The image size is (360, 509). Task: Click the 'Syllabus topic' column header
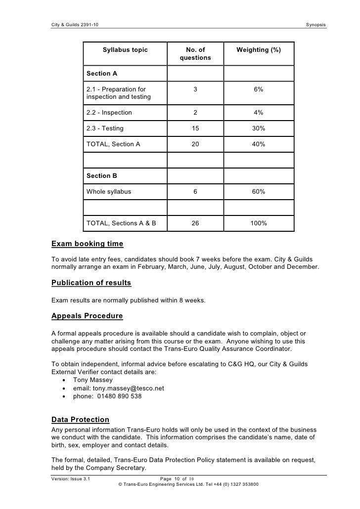coord(125,50)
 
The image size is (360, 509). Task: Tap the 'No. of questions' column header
coord(195,54)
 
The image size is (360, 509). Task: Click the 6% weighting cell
coord(258,89)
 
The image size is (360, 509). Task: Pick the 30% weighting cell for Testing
coord(258,128)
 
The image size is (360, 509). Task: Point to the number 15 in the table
coord(195,128)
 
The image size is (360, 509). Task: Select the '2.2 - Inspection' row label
coord(109,112)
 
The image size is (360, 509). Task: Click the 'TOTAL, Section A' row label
coord(113,144)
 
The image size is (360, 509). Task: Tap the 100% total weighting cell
coord(258,223)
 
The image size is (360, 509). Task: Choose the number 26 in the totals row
coord(195,223)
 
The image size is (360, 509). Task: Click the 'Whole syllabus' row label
coord(109,191)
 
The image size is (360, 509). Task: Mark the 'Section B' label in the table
coord(102,175)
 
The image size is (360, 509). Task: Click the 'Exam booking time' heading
coord(87,244)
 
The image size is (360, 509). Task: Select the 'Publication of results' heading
coord(91,283)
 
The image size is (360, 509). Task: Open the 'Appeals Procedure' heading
coord(87,316)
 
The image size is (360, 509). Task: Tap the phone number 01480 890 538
coord(118,396)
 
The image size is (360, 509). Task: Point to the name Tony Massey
coord(92,380)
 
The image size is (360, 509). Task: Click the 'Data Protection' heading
coord(80,420)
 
